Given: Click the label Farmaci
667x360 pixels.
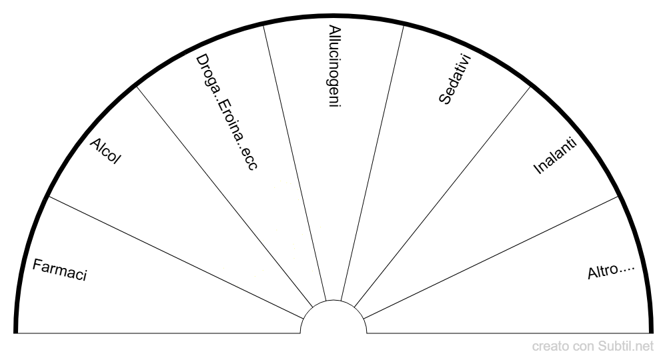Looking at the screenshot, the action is (x=59, y=270).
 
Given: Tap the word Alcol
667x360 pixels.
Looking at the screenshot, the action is (x=105, y=151).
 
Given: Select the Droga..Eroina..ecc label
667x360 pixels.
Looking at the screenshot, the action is (x=226, y=112).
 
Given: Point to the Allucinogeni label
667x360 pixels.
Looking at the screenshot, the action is (x=335, y=66).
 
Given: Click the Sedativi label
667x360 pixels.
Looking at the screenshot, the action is (x=455, y=79).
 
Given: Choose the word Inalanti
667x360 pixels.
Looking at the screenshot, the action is (x=555, y=155).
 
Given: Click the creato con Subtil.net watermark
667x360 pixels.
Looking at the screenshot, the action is (x=592, y=347).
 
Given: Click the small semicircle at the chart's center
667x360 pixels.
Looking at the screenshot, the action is (x=333, y=301).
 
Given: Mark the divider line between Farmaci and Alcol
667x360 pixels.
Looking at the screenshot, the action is (x=176, y=257).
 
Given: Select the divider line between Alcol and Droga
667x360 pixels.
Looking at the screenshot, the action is (x=225, y=197).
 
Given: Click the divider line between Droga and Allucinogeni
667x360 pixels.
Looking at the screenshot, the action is (x=294, y=163).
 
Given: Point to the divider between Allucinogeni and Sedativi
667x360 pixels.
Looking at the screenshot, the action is (x=372, y=163).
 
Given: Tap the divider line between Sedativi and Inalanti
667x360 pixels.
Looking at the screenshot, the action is (x=442, y=197).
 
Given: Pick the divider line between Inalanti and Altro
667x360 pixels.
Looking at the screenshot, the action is (x=490, y=257).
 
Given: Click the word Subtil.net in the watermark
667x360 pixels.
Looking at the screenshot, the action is (x=626, y=347).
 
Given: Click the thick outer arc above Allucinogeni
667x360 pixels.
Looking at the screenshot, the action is (x=333, y=16).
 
